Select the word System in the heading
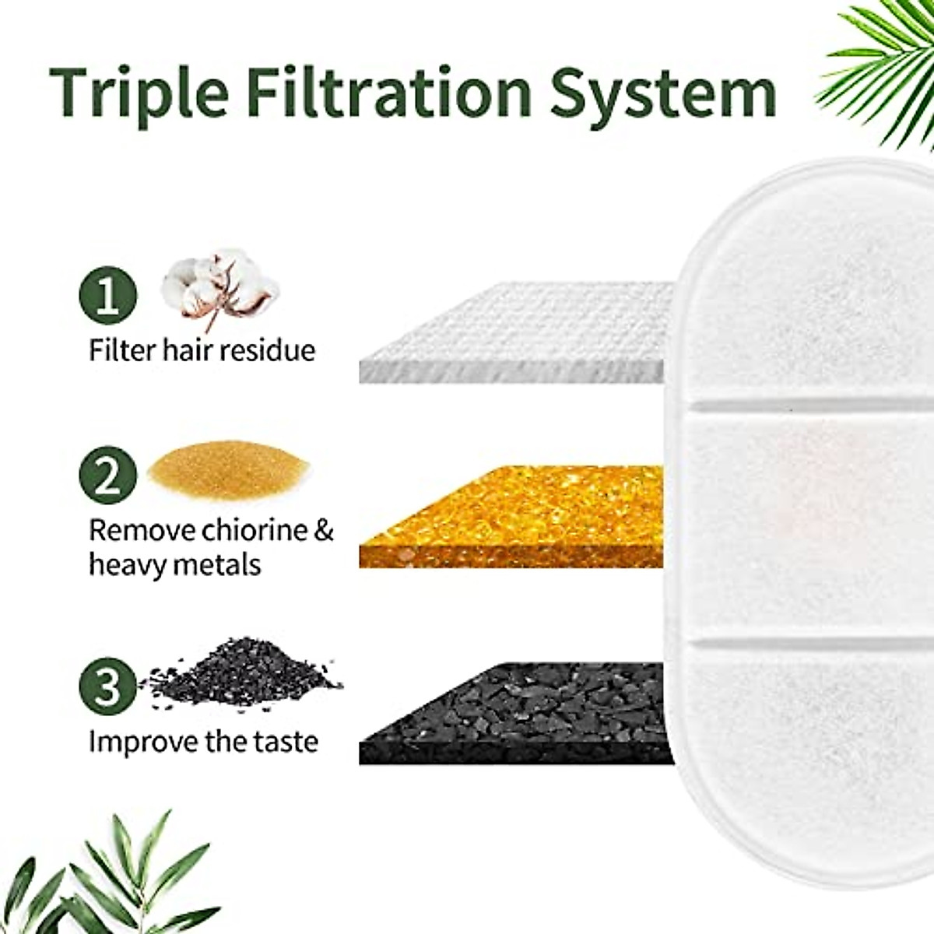click(664, 92)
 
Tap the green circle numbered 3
click(108, 687)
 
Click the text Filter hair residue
click(202, 349)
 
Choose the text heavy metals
click(174, 564)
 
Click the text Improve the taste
click(204, 741)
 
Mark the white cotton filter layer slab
click(514, 335)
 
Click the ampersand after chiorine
click(324, 531)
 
